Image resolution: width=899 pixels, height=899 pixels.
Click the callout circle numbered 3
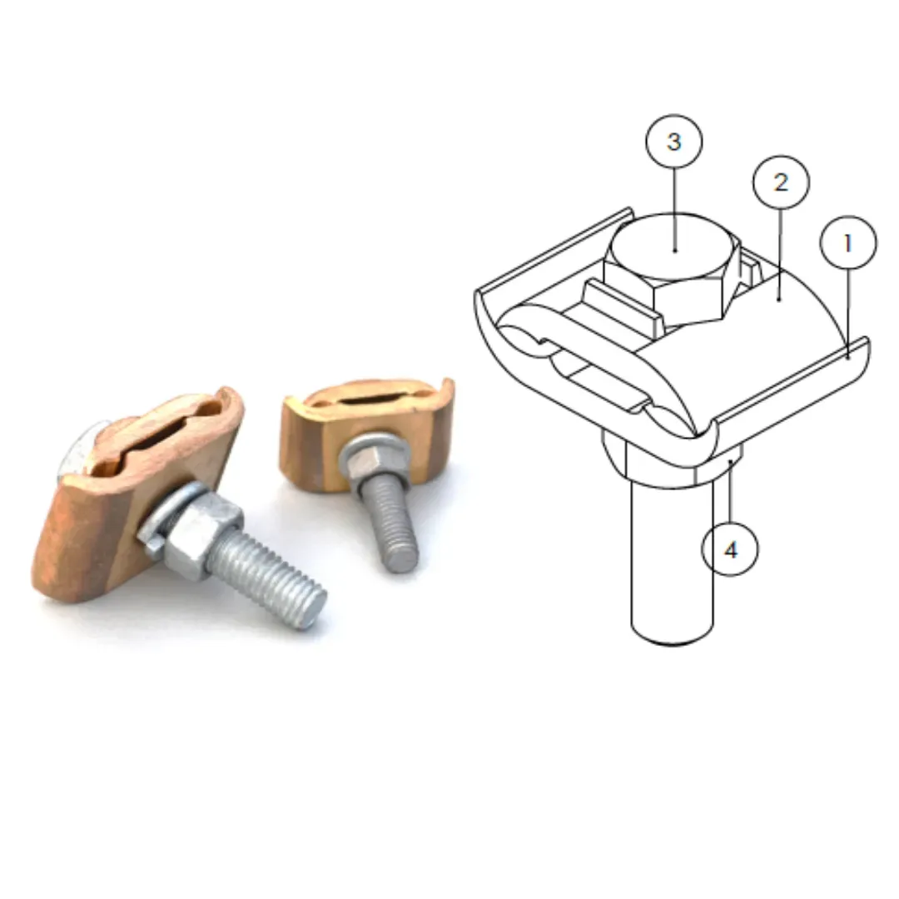pyautogui.click(x=673, y=142)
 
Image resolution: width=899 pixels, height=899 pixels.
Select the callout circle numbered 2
pyautogui.click(x=780, y=182)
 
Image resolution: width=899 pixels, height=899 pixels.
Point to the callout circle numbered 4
pyautogui.click(x=730, y=549)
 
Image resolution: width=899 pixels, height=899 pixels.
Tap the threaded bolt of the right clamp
pyautogui.click(x=391, y=524)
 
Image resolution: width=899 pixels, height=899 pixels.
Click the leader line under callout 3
pyautogui.click(x=674, y=208)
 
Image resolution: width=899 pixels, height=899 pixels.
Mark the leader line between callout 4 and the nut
pyautogui.click(x=730, y=491)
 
